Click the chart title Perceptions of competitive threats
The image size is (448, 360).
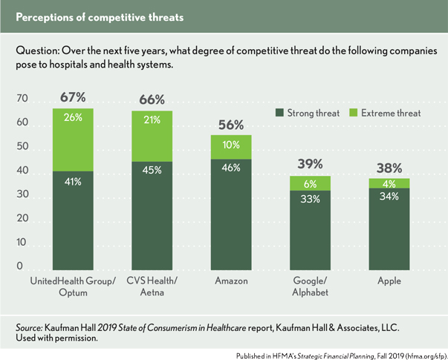[100, 16]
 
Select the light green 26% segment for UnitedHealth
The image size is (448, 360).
[73, 140]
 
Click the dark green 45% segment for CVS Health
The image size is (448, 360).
[152, 215]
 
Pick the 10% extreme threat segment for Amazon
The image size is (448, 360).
[231, 146]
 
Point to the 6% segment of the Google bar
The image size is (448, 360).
[310, 183]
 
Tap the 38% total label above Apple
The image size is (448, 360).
[389, 168]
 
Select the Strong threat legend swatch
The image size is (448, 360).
[279, 114]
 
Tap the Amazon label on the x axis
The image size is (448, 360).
[231, 282]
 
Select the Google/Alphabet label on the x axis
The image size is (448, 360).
[310, 287]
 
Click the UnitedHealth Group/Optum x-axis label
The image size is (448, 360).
[73, 287]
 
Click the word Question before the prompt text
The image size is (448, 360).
[38, 50]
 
